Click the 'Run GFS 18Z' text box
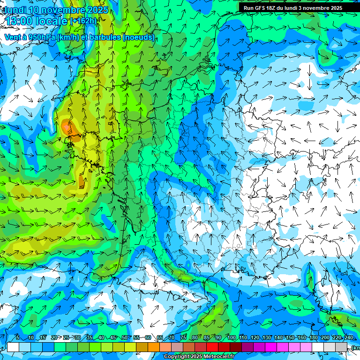(293, 8)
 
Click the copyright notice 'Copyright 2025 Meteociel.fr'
(199, 357)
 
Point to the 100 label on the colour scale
(231, 338)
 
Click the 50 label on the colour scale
(124, 338)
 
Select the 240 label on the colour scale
(348, 338)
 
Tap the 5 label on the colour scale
(17, 338)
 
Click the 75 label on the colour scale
(183, 338)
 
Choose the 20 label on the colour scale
(54, 338)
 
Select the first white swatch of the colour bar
(13, 347)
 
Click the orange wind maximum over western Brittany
(66, 127)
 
